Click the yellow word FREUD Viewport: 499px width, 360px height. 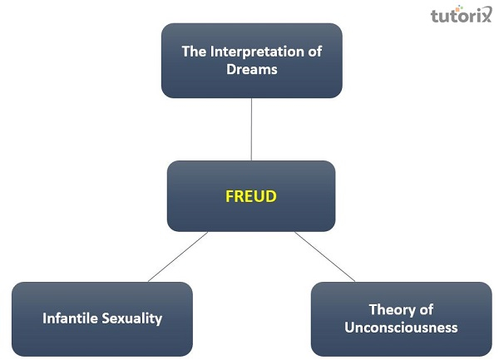[x=251, y=196]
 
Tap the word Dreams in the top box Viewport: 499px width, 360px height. [x=252, y=69]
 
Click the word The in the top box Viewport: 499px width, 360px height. [x=194, y=52]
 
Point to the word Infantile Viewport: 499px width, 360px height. [x=70, y=318]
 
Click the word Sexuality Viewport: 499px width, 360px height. [x=132, y=318]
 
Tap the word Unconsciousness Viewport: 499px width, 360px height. [x=401, y=328]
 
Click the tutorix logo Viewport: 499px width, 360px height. [x=461, y=14]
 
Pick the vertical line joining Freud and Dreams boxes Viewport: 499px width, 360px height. [x=251, y=129]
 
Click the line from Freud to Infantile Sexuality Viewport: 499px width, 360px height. [x=178, y=257]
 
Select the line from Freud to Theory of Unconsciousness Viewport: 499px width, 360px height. [x=324, y=257]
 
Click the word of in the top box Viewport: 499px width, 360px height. [x=314, y=52]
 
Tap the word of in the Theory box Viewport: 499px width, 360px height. [x=426, y=310]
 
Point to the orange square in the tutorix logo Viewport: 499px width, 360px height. [x=457, y=10]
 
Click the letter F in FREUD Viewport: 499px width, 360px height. [x=230, y=196]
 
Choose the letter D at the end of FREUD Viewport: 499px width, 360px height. [x=271, y=196]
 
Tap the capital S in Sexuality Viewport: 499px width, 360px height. [x=106, y=318]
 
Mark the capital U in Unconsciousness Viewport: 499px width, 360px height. [x=350, y=328]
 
